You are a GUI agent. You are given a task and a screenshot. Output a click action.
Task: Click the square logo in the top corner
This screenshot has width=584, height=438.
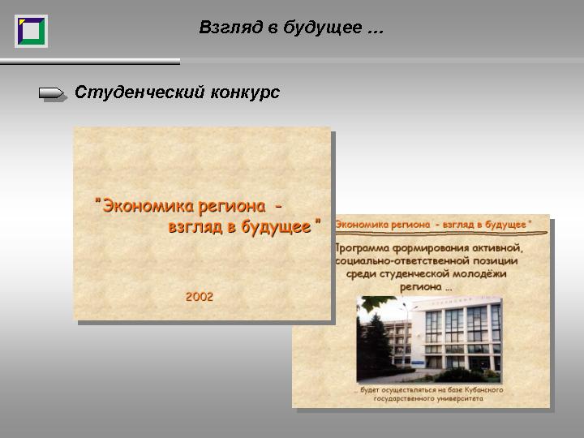coord(32,32)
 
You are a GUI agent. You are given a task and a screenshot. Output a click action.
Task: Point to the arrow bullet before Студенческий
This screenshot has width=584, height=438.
coord(54,93)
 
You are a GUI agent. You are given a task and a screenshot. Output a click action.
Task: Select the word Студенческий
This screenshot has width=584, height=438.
coord(140,92)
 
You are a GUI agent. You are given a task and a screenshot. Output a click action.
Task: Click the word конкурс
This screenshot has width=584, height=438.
coord(245,92)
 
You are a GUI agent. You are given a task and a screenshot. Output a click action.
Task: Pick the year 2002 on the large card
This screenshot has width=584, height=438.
coord(200,297)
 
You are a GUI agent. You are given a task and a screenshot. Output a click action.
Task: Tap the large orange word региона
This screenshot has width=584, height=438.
coord(232,207)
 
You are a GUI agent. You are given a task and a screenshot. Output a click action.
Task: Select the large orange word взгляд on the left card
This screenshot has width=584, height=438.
coord(195,227)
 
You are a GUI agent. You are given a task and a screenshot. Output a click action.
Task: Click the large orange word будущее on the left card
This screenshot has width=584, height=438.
coord(276,227)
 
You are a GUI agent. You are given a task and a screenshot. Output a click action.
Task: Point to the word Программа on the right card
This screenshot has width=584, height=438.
coord(362,248)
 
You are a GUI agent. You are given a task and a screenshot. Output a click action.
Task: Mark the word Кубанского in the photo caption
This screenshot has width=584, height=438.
coord(483,390)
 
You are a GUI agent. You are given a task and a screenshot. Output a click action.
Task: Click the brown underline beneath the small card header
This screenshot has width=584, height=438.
coord(441,234)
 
